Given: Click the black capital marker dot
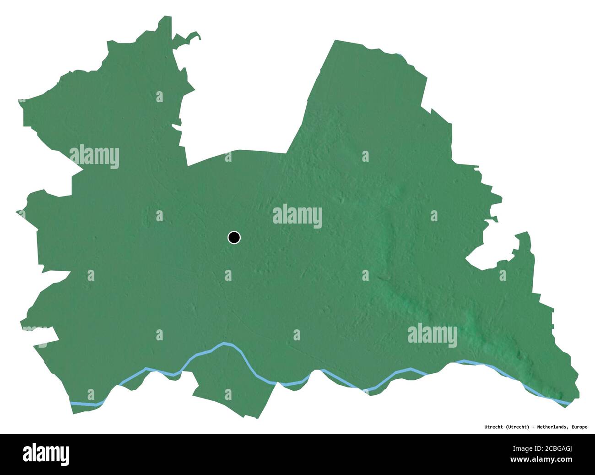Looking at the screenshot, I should (234, 237).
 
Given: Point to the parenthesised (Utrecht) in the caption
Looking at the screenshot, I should (518, 427).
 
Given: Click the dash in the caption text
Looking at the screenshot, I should (533, 427).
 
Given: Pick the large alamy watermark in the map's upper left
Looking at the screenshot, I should (94, 156).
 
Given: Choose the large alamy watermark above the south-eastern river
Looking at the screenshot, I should (432, 334).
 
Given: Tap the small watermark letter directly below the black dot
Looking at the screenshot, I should (228, 275).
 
